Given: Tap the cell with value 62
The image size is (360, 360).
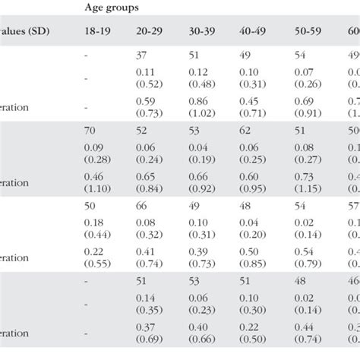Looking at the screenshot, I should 248,130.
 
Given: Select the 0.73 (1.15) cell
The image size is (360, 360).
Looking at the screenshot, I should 306,182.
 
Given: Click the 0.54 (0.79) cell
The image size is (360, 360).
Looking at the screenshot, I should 306,257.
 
